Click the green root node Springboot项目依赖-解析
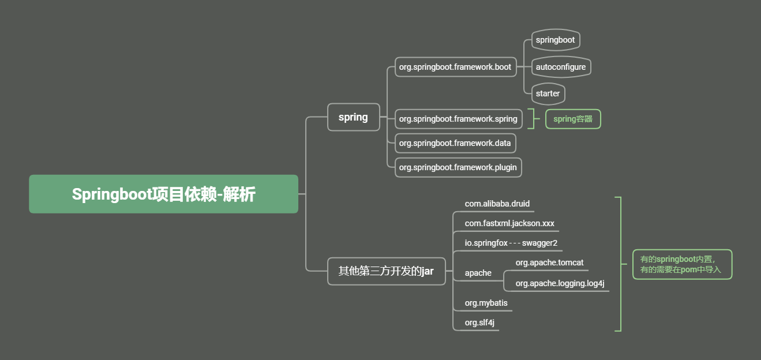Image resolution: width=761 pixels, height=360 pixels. [163, 194]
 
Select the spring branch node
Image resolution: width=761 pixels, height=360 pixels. [353, 117]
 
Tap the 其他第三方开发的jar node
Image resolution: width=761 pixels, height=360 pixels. [386, 271]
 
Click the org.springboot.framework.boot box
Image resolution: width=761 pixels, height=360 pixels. [455, 67]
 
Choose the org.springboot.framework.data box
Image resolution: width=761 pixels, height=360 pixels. [455, 143]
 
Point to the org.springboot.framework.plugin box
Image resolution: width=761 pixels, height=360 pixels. [458, 167]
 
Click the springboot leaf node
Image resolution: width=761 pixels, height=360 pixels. [555, 40]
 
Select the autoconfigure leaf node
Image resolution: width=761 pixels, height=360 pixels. [561, 67]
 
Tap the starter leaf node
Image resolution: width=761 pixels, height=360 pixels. [548, 93]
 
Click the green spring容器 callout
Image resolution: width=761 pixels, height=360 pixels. [573, 119]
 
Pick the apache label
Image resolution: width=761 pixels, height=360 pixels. [478, 273]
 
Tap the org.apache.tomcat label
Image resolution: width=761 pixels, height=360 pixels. [549, 262]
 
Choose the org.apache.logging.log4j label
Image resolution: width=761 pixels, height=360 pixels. [560, 283]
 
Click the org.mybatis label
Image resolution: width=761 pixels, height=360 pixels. [486, 302]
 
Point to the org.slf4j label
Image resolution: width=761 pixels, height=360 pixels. [479, 322]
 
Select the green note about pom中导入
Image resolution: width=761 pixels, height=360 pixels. [681, 264]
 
